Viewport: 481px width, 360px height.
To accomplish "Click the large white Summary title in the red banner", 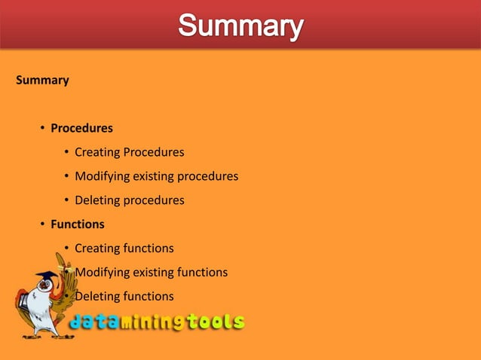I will [x=240, y=27].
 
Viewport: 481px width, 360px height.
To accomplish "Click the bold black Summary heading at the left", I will [x=42, y=80].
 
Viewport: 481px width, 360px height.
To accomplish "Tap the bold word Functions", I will [x=77, y=224].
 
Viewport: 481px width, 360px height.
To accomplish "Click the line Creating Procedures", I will [x=129, y=152].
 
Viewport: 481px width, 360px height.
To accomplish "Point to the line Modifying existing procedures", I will [x=156, y=176].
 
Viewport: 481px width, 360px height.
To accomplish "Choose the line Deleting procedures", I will [x=129, y=200].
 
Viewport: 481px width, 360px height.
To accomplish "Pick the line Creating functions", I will [x=124, y=249].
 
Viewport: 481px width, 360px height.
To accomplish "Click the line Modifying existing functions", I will [x=151, y=273].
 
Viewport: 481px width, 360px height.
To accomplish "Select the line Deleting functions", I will [x=124, y=297].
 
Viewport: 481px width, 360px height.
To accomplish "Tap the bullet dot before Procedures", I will [x=43, y=128].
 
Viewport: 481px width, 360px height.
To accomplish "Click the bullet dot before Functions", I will [x=43, y=224].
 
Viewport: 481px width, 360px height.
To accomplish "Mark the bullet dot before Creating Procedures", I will [x=67, y=152].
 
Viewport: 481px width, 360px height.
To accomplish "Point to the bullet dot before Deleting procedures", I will [x=67, y=200].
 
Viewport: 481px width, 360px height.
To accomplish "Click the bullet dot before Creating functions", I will [x=67, y=249].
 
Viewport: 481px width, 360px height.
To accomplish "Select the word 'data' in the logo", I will [x=97, y=322].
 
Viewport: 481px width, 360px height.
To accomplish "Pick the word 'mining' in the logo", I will [x=155, y=323].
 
